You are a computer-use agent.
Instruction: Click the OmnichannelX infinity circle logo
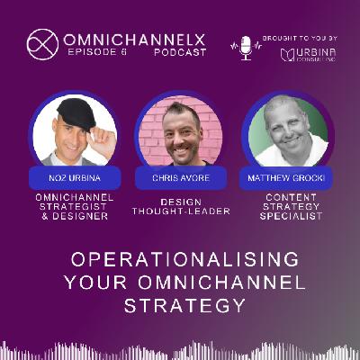[42, 44]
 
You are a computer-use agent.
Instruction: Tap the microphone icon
[246, 48]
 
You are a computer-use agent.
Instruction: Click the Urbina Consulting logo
[308, 54]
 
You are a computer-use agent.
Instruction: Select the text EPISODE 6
[97, 52]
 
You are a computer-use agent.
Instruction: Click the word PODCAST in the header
[180, 52]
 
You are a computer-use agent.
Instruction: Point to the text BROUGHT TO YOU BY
[300, 39]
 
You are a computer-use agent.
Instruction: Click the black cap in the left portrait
[76, 113]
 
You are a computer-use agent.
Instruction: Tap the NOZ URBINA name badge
[75, 178]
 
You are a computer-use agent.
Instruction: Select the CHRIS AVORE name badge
[181, 178]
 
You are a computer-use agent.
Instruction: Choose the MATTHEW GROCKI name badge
[286, 178]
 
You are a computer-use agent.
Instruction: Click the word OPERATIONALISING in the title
[184, 259]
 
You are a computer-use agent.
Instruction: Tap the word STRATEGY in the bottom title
[184, 306]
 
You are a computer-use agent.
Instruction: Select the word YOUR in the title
[95, 283]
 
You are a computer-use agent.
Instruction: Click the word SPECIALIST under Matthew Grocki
[291, 216]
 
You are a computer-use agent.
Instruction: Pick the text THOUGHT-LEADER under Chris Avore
[181, 211]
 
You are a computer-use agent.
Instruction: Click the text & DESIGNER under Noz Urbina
[75, 216]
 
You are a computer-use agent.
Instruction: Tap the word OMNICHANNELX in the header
[135, 40]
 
